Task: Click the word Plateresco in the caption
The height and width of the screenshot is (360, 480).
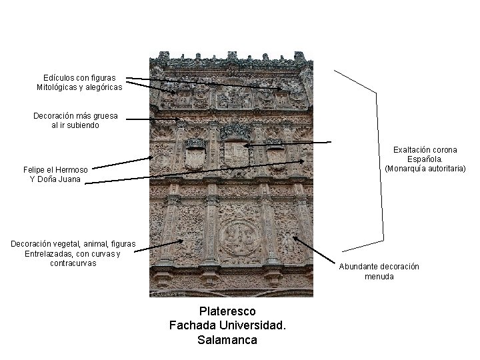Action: click(227, 311)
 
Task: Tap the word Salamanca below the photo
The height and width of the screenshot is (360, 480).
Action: click(227, 339)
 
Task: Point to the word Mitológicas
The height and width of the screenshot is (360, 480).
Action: click(58, 87)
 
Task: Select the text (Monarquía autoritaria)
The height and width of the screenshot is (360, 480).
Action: click(425, 169)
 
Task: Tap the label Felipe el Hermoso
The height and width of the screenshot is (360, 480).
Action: click(55, 169)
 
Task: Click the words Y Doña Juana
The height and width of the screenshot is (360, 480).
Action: click(55, 179)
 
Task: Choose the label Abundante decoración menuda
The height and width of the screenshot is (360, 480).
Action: click(379, 271)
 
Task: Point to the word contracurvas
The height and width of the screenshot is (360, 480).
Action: click(73, 263)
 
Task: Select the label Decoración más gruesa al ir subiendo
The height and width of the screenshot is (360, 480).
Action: click(75, 121)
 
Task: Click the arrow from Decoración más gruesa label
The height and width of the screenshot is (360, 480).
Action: click(153, 120)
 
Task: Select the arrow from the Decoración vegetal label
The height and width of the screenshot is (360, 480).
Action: click(160, 245)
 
